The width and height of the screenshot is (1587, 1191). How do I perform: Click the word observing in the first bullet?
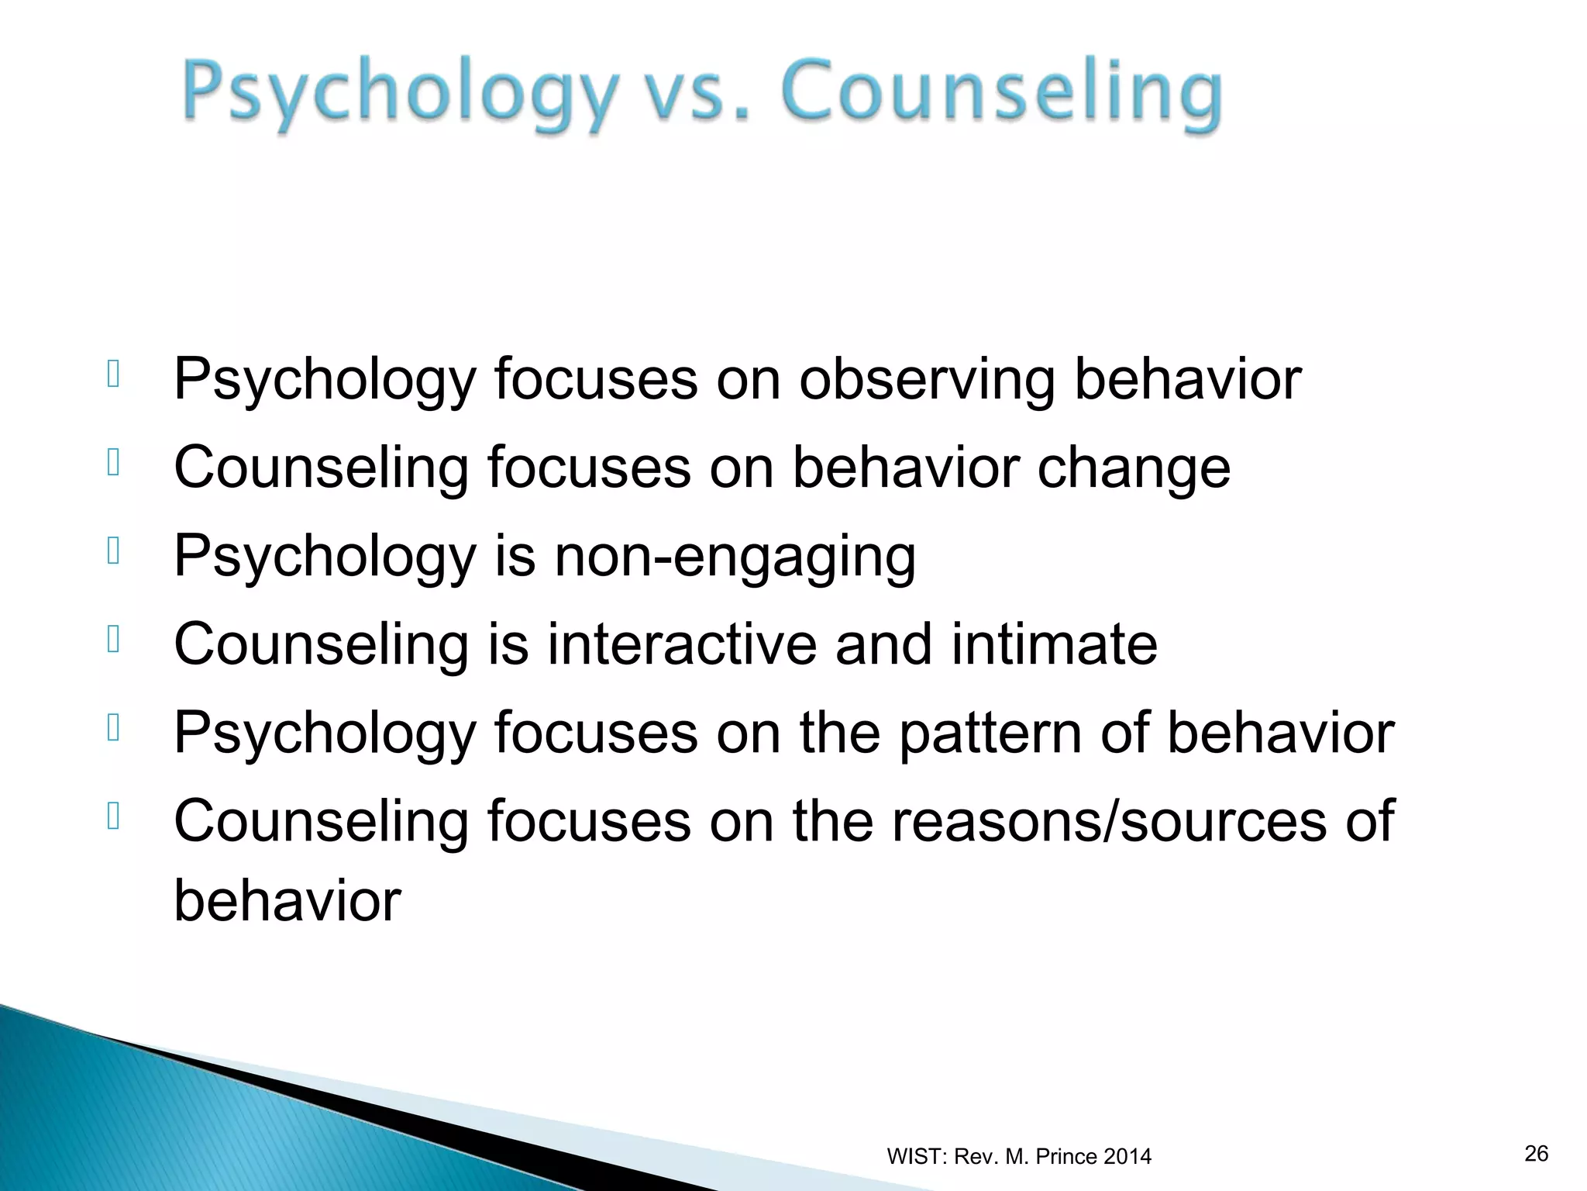(927, 380)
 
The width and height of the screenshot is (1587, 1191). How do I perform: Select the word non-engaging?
(735, 557)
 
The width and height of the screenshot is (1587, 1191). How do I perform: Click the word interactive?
(682, 644)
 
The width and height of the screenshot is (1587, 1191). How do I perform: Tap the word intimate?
(1054, 644)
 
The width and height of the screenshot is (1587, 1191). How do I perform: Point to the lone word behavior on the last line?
(287, 901)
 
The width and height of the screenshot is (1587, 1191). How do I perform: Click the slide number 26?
(1536, 1153)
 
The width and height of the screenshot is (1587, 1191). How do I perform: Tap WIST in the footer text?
(914, 1157)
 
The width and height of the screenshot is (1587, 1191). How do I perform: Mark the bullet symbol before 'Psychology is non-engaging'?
(114, 551)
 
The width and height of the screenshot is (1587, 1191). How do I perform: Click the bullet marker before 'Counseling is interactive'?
(114, 639)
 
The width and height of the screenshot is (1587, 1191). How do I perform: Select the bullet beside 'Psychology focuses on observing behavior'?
(114, 374)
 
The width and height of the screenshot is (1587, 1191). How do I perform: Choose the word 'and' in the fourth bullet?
(883, 644)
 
